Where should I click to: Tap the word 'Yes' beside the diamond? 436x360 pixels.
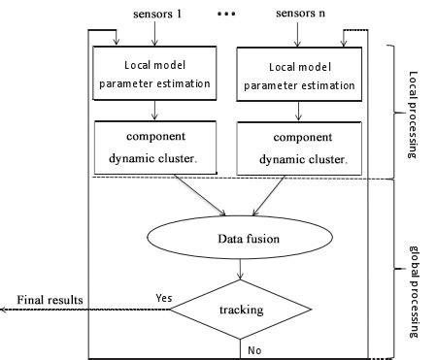164,296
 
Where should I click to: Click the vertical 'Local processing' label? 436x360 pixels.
412,115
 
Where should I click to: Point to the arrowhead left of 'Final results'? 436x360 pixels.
5,311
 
